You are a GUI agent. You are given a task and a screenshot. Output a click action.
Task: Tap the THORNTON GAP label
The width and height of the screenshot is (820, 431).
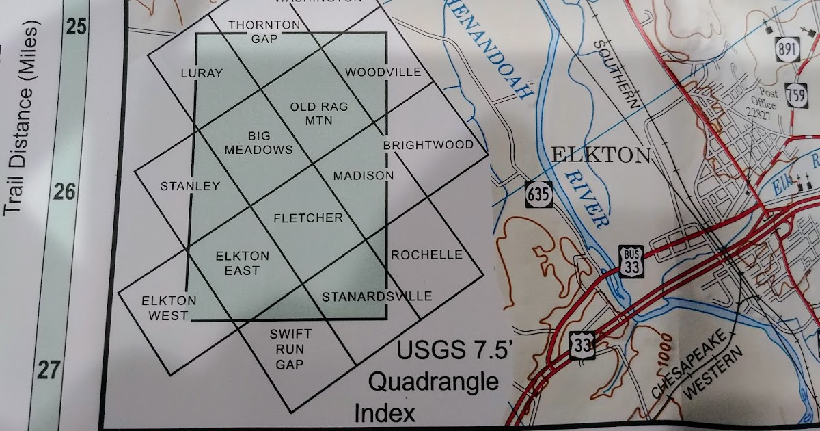[254, 31]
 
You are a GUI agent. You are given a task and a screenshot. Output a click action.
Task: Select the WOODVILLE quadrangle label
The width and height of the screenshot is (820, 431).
[383, 73]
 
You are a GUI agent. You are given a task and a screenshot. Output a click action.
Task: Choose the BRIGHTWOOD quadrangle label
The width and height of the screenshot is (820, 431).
[428, 145]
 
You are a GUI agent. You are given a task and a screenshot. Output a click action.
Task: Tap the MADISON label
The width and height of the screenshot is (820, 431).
[363, 176]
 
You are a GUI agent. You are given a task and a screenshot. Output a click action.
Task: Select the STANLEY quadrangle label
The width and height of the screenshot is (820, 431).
[189, 186]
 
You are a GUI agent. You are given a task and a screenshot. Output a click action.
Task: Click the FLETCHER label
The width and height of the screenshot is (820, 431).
[307, 218]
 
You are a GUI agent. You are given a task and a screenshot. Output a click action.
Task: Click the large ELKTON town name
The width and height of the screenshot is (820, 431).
[600, 156]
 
